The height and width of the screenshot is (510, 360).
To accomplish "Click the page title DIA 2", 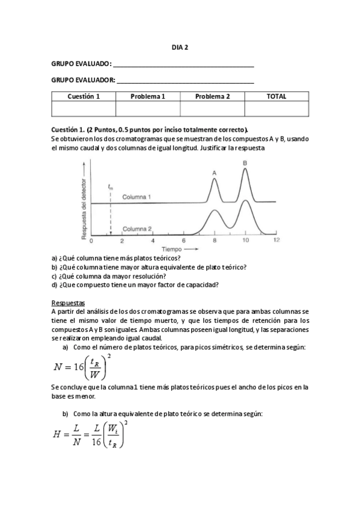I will pyautogui.click(x=180, y=48).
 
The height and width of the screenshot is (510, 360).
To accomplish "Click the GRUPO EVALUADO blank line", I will pyautogui.click(x=183, y=66).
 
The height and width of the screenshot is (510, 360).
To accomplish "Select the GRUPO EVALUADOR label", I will pyautogui.click(x=83, y=81).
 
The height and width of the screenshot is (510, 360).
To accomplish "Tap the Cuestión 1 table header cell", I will pyautogui.click(x=84, y=96).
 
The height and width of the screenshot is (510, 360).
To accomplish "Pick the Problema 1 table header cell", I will pyautogui.click(x=148, y=96).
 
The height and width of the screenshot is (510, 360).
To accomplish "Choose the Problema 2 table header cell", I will pyautogui.click(x=212, y=96).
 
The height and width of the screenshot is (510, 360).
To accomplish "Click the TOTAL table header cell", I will pyautogui.click(x=276, y=96).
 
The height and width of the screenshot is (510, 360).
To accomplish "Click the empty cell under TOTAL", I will pyautogui.click(x=276, y=108).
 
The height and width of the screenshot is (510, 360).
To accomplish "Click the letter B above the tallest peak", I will pyautogui.click(x=245, y=163).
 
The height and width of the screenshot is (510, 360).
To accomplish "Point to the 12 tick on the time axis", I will pyautogui.click(x=276, y=241).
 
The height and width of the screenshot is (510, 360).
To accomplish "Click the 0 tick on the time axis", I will pyautogui.click(x=91, y=241).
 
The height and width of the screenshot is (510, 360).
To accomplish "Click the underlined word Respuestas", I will pyautogui.click(x=68, y=303).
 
